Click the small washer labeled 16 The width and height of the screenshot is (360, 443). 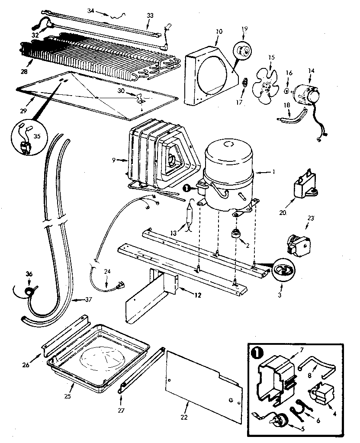coord(287,91)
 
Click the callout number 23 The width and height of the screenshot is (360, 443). coord(311,218)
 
